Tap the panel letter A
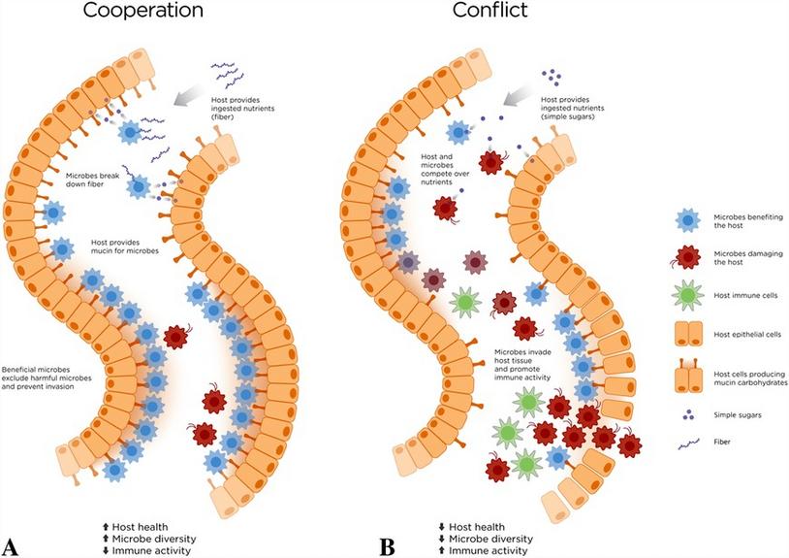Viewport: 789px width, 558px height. (x=11, y=544)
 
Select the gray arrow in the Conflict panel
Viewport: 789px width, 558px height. (x=523, y=94)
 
